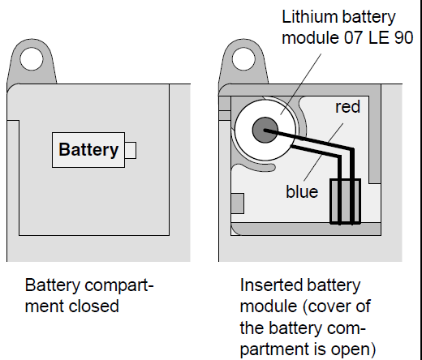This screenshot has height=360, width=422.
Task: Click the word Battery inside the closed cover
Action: (88, 150)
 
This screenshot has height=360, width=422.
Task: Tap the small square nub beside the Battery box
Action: (131, 150)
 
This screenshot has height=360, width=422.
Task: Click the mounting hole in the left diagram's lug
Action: (32, 59)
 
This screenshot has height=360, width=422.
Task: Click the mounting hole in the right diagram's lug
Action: (243, 59)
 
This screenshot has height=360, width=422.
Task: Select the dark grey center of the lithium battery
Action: (265, 130)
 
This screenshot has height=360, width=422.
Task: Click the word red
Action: (347, 106)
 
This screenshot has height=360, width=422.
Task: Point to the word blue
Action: (302, 191)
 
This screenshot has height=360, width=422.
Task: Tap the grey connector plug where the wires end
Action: (346, 201)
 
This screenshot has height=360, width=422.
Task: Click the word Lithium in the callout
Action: (310, 17)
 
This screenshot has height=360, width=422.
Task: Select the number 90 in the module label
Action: (403, 37)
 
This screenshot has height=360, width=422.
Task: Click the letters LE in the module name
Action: (379, 37)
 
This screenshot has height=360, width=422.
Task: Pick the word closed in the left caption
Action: (93, 306)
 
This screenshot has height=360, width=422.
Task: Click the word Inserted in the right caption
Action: (271, 285)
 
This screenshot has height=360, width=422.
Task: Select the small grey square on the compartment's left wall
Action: (238, 204)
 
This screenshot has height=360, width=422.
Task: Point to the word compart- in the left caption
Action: (119, 285)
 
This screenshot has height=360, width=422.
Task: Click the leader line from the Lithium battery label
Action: (301, 84)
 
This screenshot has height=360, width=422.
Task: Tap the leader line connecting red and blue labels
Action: (324, 152)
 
